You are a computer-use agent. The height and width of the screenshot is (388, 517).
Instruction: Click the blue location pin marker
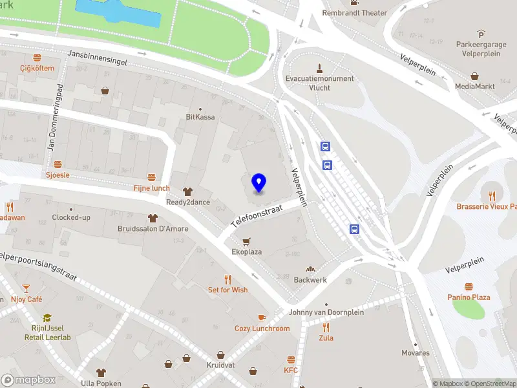point(259,183)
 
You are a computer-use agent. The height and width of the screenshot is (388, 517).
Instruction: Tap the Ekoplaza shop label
point(246,252)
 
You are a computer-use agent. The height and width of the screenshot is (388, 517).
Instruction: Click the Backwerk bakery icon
point(310,269)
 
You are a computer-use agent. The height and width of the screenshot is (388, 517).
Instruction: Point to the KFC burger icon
point(291,360)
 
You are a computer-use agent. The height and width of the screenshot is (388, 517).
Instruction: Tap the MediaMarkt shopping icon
point(475,75)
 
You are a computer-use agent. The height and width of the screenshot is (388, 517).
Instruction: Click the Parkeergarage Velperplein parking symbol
point(481,34)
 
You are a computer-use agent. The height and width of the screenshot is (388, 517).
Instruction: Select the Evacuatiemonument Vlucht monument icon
point(319,68)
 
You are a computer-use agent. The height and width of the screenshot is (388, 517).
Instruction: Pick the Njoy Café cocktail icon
point(26,288)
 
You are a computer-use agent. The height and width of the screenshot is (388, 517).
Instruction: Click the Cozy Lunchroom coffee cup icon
point(262,318)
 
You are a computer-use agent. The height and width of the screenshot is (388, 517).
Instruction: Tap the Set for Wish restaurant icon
point(227,279)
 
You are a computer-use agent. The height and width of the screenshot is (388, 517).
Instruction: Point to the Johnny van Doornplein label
point(326,312)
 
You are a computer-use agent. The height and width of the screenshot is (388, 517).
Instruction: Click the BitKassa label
point(200,117)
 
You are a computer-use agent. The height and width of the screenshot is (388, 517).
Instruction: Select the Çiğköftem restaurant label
point(37,68)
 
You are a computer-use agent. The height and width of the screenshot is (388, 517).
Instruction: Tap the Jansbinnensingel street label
point(98,58)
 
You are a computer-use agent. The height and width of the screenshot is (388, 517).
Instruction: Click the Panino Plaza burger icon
point(469,286)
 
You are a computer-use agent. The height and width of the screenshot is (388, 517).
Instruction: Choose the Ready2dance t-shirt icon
point(187,191)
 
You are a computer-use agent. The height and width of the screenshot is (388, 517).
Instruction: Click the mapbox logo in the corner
point(28,380)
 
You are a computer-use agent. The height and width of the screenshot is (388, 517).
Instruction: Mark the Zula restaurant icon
point(326,327)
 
